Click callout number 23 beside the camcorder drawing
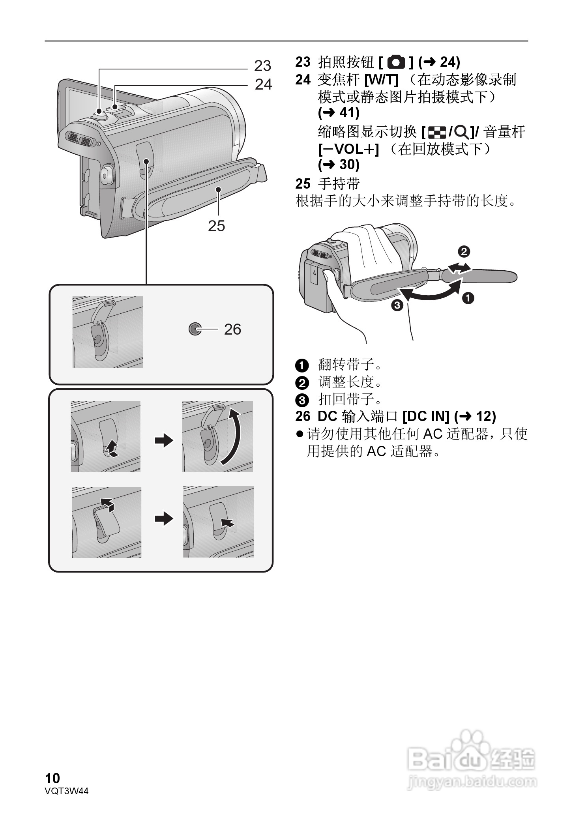(262, 66)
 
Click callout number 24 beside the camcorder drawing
(263, 84)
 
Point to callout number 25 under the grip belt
(216, 226)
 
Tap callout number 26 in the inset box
(232, 329)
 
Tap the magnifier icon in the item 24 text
(462, 132)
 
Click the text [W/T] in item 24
(381, 80)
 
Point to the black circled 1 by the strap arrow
(468, 298)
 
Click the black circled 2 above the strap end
(464, 251)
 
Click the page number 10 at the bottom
(52, 778)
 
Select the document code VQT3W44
(67, 791)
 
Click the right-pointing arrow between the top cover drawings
(164, 440)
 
